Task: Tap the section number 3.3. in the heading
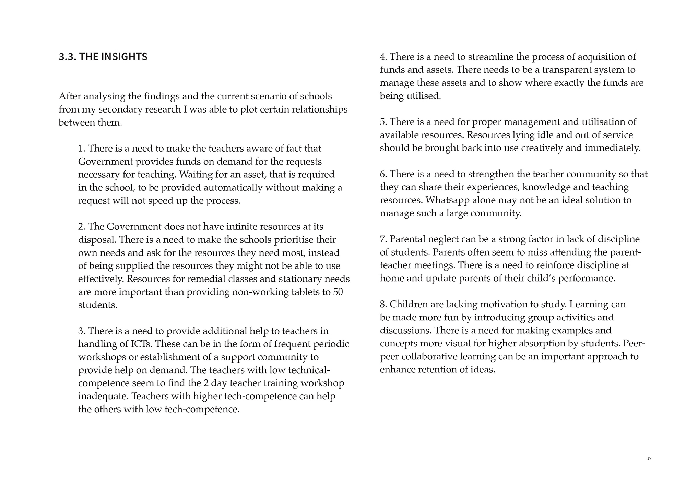(x=67, y=57)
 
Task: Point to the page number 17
(x=649, y=458)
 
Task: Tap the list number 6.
(x=383, y=174)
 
